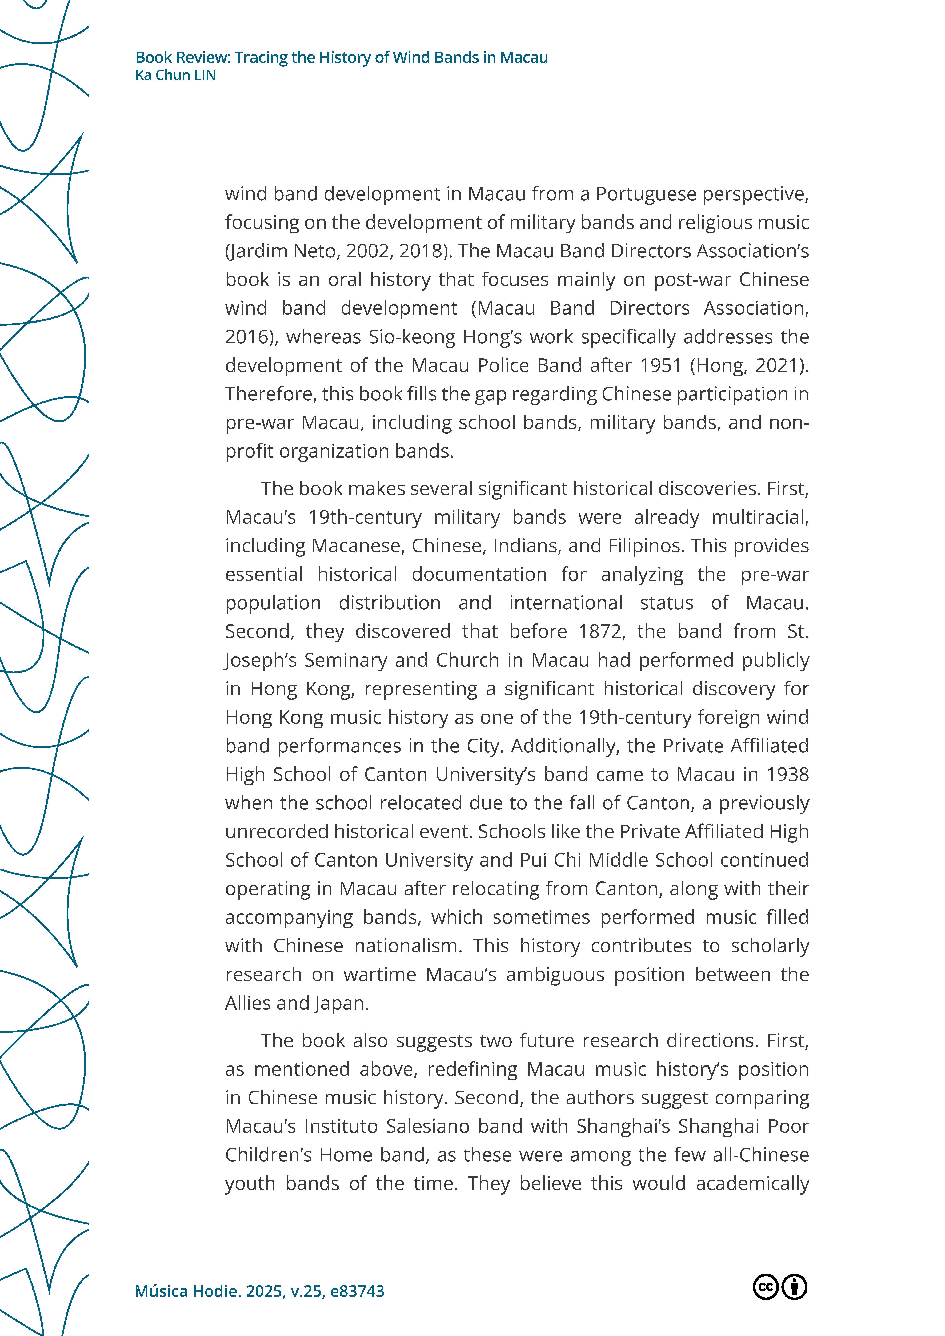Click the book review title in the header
(341, 58)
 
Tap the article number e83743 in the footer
(357, 1291)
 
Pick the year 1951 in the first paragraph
(660, 365)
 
